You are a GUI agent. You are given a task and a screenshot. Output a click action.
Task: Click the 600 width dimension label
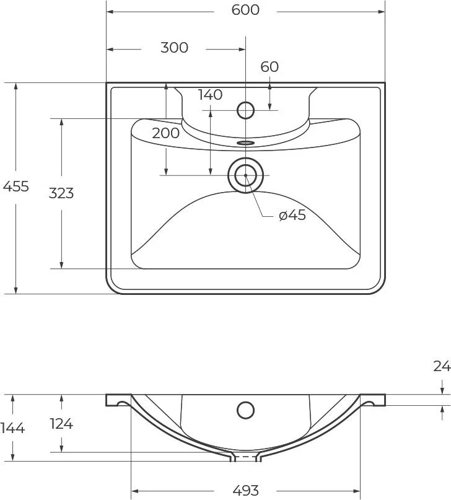[245, 10]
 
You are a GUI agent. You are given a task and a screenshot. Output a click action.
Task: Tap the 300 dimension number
[174, 48]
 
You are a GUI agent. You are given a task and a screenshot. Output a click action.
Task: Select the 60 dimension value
[269, 67]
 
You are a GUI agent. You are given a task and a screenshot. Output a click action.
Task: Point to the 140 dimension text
[210, 95]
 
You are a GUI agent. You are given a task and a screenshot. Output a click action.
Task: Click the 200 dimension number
[166, 133]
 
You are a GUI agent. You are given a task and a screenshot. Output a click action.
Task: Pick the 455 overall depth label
[16, 186]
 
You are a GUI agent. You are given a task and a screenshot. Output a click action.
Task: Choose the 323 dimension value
[61, 193]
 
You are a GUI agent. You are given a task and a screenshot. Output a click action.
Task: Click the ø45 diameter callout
[292, 215]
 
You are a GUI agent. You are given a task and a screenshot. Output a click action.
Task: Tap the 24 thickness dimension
[442, 366]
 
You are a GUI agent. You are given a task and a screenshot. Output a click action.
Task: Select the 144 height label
[12, 428]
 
